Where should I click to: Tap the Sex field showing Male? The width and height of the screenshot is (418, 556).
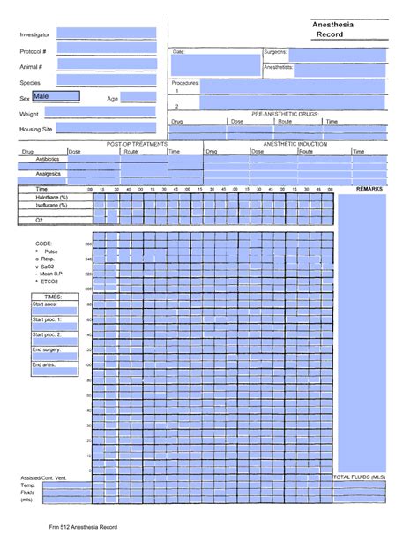[x=56, y=96]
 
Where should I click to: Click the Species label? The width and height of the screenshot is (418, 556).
[x=31, y=82]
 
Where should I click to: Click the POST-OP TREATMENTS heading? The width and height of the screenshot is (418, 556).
[x=137, y=143]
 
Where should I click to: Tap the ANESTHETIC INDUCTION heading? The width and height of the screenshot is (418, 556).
[x=295, y=143]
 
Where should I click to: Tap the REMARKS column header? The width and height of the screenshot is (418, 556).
[x=369, y=189]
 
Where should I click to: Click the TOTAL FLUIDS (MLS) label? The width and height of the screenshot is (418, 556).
[x=359, y=477]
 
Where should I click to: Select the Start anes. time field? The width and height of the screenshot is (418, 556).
[x=55, y=312]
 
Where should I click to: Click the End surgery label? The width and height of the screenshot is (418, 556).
[x=47, y=349]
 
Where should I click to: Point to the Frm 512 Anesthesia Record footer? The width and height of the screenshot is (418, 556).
[x=83, y=527]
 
